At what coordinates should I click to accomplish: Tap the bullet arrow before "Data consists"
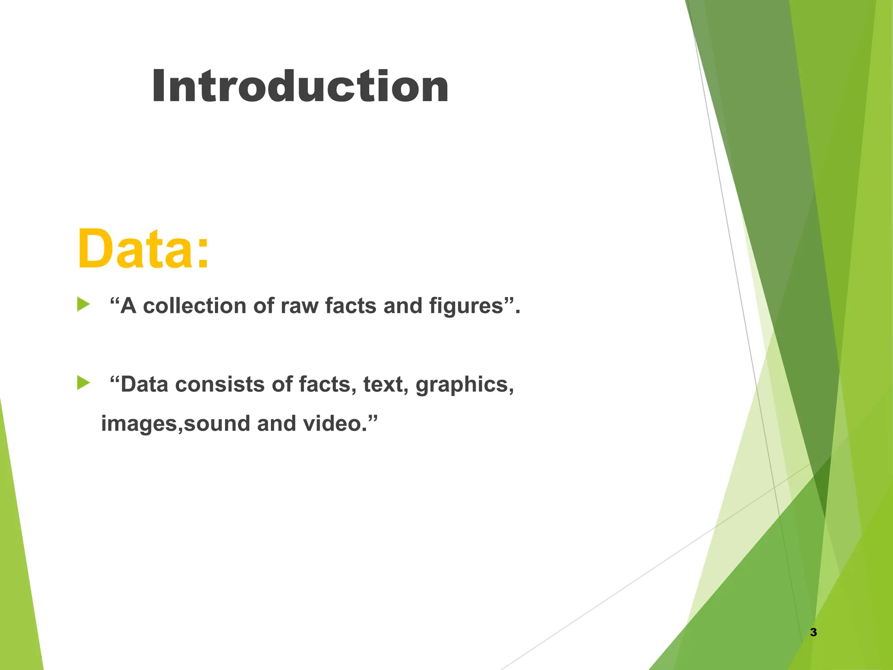[83, 383]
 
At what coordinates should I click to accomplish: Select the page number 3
[813, 632]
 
